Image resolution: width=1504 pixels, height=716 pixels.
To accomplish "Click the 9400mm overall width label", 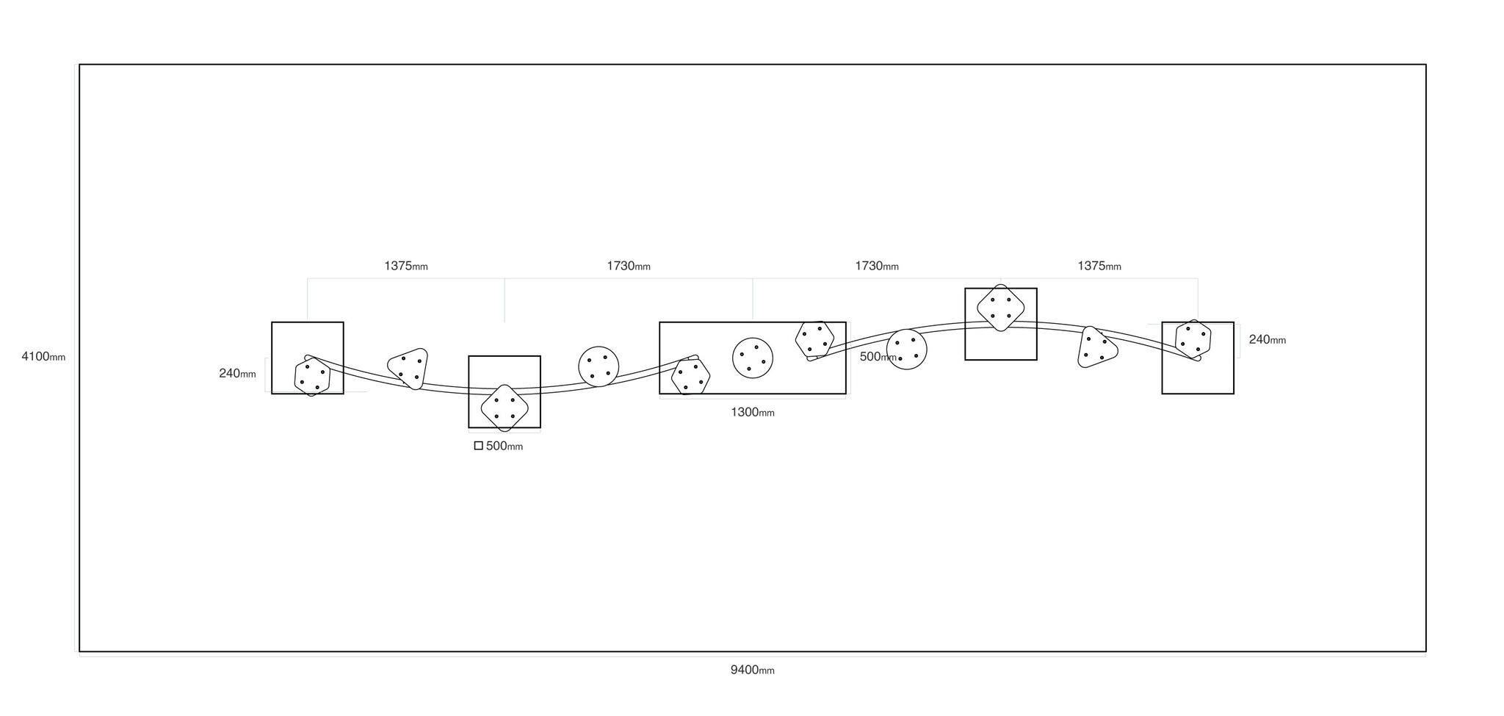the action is (x=752, y=670).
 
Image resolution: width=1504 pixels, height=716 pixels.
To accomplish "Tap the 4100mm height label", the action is (x=43, y=357).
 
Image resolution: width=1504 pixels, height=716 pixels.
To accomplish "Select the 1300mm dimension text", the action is (x=752, y=412).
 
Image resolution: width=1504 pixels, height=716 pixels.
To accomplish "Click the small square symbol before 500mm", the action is (x=479, y=446).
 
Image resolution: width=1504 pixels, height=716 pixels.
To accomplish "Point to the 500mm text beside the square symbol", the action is (x=505, y=446).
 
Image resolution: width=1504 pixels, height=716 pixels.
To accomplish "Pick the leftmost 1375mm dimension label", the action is (x=405, y=266).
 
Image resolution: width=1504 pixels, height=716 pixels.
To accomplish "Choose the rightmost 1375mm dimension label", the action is (x=1099, y=266).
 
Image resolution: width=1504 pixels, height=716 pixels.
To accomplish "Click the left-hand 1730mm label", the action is (x=628, y=266).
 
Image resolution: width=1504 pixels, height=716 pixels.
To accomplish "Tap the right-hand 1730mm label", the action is (x=876, y=266).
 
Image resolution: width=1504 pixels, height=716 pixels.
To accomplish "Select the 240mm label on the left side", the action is (x=237, y=373).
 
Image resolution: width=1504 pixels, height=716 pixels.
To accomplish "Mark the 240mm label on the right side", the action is (x=1268, y=339).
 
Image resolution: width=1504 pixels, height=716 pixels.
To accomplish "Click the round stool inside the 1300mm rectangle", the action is (x=753, y=358).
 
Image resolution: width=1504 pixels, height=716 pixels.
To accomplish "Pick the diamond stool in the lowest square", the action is (x=505, y=408).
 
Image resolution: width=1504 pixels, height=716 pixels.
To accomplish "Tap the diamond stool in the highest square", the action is (x=1001, y=308).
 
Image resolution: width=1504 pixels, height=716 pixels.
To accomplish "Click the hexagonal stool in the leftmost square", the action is (x=312, y=377).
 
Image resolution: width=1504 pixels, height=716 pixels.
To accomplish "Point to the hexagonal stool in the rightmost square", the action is (x=1193, y=339).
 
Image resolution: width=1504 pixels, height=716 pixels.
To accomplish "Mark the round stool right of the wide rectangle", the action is (x=906, y=349).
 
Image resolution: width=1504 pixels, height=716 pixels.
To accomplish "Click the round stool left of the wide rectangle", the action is (x=599, y=366).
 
